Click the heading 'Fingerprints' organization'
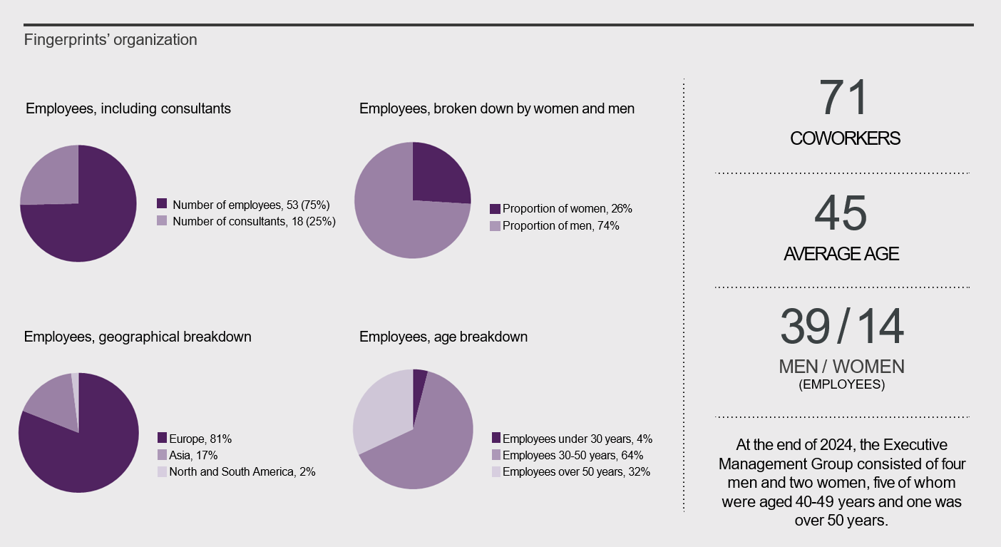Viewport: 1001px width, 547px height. (111, 40)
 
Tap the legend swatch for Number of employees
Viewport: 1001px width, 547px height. (162, 204)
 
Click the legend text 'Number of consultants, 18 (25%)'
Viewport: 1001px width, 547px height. (254, 221)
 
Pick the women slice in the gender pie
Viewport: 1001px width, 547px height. (438, 175)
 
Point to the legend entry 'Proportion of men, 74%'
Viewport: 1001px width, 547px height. (560, 226)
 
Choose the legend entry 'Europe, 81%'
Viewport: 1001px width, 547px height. (200, 438)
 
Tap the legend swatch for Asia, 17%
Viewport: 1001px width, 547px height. (162, 455)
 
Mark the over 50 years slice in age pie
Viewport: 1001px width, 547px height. (381, 414)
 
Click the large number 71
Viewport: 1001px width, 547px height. (843, 98)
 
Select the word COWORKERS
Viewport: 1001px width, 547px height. (845, 139)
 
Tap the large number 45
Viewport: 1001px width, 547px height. (841, 213)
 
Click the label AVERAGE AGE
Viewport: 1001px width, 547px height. (841, 254)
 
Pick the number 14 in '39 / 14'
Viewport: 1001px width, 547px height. (880, 327)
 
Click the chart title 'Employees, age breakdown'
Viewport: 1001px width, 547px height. (443, 337)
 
